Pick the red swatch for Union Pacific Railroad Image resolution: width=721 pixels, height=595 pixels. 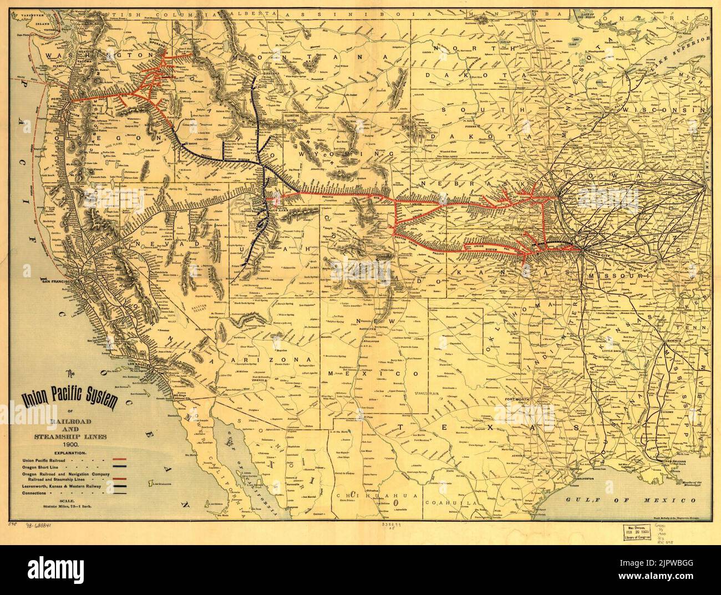[119, 460]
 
